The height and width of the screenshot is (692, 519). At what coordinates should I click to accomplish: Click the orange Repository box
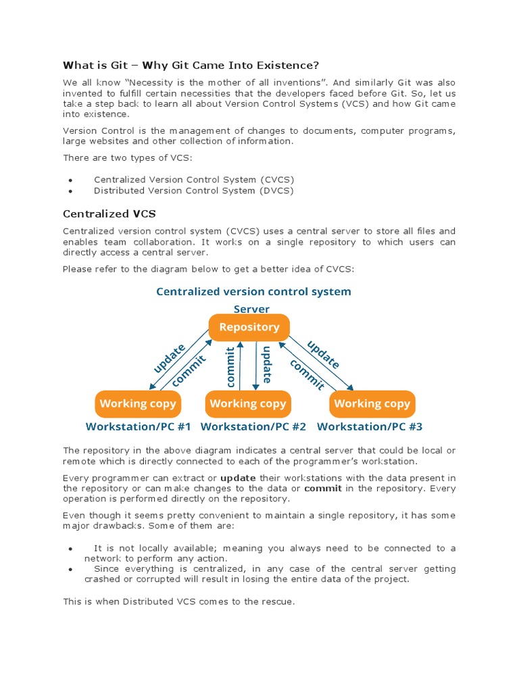coord(249,327)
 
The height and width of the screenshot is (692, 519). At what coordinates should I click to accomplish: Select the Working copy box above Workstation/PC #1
coord(138,403)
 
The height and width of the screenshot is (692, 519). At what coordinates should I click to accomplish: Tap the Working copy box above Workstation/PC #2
coord(248,403)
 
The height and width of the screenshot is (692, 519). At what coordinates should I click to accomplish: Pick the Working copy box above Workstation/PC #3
coord(372,403)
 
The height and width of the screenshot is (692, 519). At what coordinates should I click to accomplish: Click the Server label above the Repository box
coord(251,309)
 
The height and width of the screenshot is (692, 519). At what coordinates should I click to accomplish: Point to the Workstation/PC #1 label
coord(139,426)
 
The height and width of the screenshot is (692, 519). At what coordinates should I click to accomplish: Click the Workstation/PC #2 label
coord(253,426)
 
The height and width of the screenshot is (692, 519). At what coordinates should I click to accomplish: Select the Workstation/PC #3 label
coord(370,426)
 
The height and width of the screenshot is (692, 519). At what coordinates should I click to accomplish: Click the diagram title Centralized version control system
coord(253,291)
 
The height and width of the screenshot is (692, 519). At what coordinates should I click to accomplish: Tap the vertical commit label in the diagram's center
coord(230,367)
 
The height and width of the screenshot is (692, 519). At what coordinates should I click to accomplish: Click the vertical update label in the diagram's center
coord(267,365)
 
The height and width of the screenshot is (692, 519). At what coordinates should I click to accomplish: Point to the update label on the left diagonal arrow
coord(169,358)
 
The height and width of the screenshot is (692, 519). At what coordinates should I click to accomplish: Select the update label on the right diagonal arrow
coord(324,355)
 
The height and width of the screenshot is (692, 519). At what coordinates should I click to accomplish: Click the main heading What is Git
coord(191,65)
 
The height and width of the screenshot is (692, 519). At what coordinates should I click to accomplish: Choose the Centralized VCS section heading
coord(109,214)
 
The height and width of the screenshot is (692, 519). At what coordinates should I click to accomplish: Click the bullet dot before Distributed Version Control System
coord(70,191)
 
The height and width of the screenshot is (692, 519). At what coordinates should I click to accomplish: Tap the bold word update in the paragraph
coord(239,478)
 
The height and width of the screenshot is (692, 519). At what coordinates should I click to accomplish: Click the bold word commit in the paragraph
coord(323,488)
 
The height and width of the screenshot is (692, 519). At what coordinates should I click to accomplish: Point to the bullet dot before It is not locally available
coord(70,549)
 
